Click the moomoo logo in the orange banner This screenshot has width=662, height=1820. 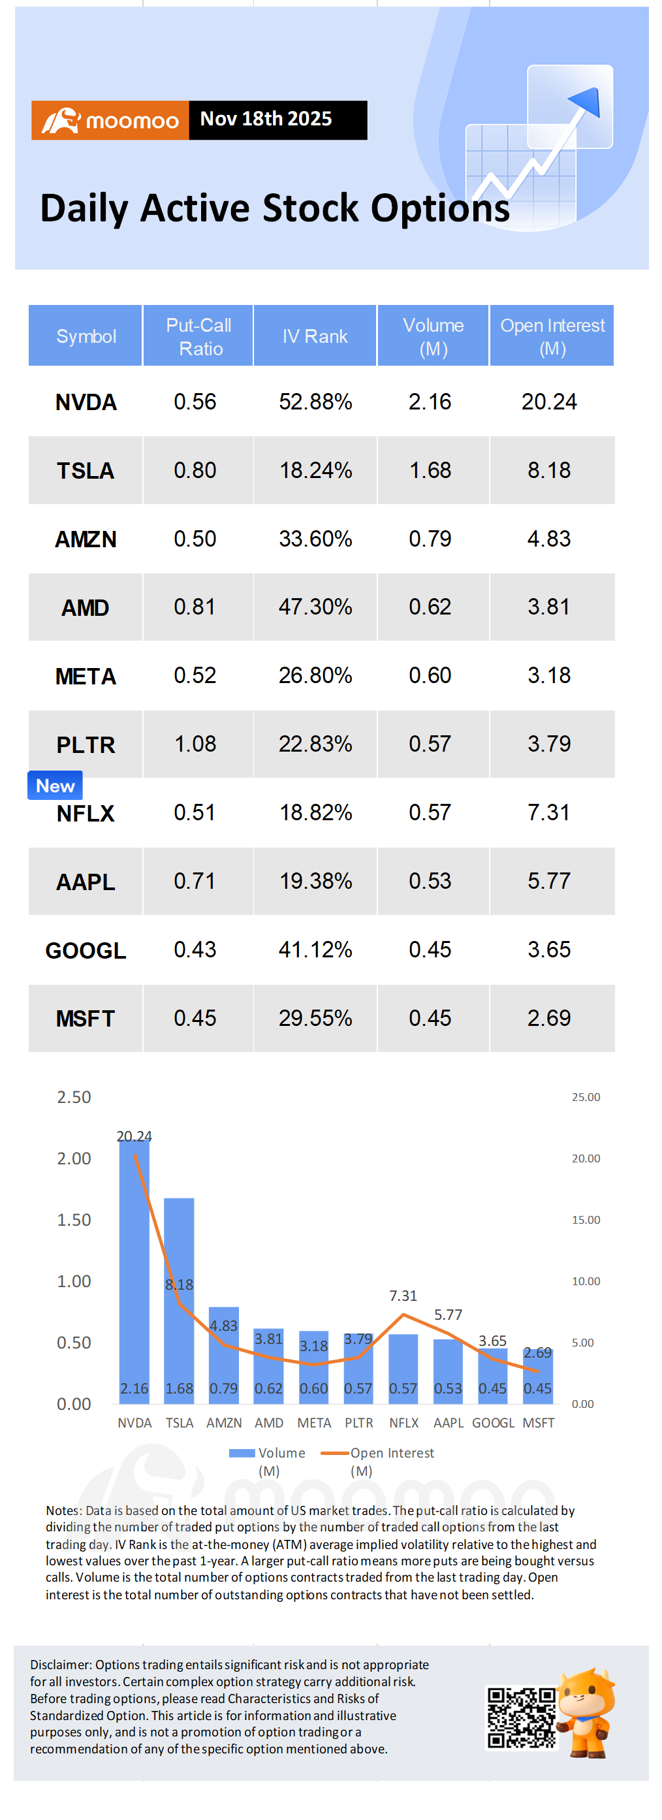[x=110, y=120]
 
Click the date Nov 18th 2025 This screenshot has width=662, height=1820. [x=266, y=119]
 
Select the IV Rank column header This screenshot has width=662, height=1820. [x=315, y=336]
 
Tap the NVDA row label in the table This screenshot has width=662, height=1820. [x=86, y=402]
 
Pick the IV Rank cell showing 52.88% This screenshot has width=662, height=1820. [x=315, y=402]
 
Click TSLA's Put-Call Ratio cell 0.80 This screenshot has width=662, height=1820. [x=195, y=471]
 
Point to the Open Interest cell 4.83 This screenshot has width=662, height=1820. [x=549, y=539]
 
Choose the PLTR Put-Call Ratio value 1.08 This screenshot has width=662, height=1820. [x=195, y=744]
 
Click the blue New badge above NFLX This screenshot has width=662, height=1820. [x=55, y=786]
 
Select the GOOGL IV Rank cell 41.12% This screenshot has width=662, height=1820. [x=315, y=950]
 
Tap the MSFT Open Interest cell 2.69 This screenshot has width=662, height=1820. [x=549, y=1018]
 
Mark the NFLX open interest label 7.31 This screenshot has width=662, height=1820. [x=403, y=1296]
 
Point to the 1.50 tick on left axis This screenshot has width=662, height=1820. [x=74, y=1219]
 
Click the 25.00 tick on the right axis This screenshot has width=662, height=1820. [x=586, y=1097]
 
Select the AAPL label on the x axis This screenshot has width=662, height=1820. [x=448, y=1423]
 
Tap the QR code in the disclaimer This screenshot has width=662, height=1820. [x=522, y=1717]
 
